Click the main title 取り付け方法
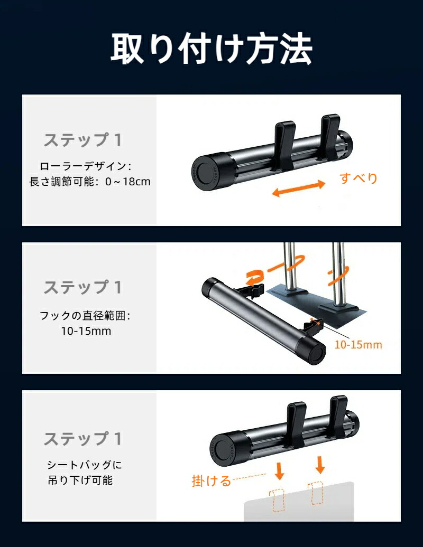coord(212,49)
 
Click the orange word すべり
coord(358,178)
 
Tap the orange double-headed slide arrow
coord(299,188)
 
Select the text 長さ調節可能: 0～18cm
coord(90,182)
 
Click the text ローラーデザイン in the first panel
coord(83,166)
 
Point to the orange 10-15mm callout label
coord(358,345)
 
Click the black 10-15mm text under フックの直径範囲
coord(86,331)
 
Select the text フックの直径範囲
coord(83,316)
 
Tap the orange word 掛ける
coord(212,481)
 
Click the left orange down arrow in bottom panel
coord(279,471)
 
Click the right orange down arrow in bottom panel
coord(320,465)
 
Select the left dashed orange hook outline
coord(277,500)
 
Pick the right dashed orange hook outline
coord(316,493)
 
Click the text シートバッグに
coord(85,465)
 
